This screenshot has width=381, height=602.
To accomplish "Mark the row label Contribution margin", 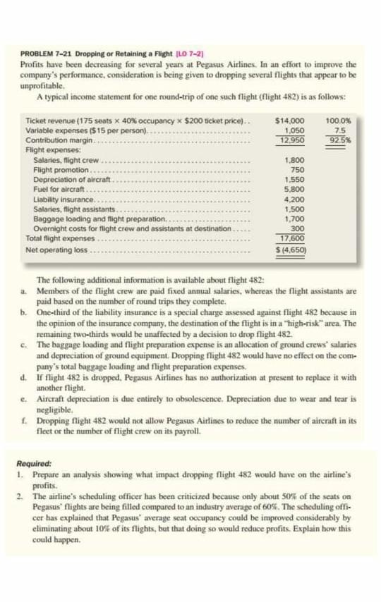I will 56,140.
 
